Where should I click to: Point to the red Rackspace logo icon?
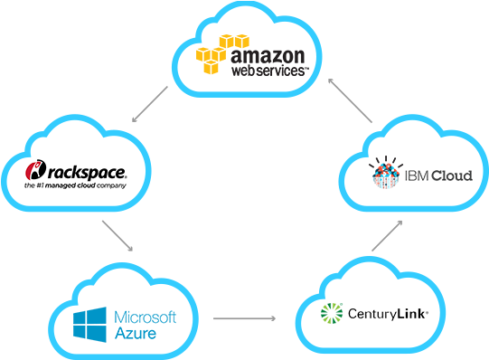(35, 170)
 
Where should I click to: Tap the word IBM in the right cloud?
(414, 175)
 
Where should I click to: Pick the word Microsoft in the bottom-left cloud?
(150, 317)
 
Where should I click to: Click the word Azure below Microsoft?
(136, 334)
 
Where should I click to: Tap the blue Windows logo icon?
(90, 324)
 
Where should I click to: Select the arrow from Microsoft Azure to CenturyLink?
(243, 318)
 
